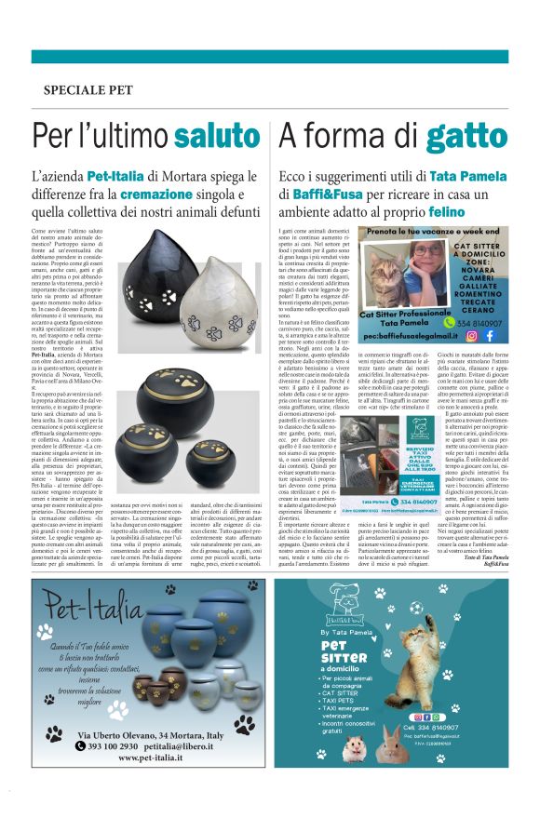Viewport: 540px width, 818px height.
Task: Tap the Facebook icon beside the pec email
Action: click(x=488, y=335)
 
